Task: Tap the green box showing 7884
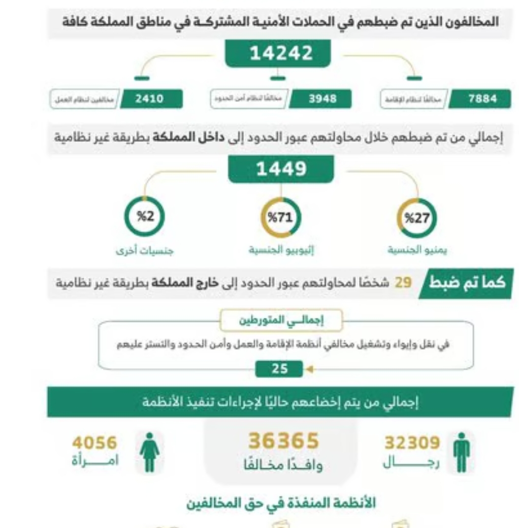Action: coord(480,99)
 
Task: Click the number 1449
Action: coord(281,169)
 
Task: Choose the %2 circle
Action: coord(145,217)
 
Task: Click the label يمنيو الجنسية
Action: coord(417,250)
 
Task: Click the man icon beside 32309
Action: coord(461,452)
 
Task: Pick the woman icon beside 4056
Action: coord(150,452)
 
